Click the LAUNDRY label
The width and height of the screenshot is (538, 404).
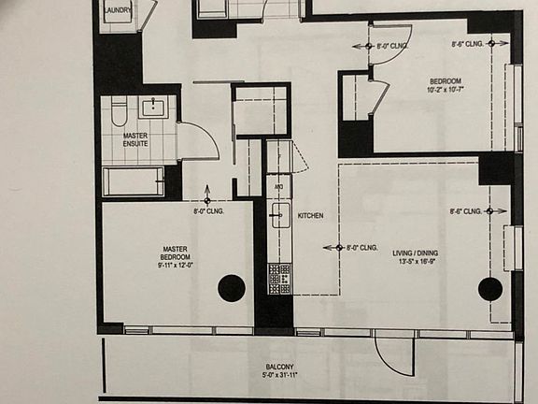click(118, 10)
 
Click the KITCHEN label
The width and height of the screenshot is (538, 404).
click(311, 216)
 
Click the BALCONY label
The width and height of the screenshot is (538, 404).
click(279, 368)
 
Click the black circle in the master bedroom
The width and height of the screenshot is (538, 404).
click(232, 289)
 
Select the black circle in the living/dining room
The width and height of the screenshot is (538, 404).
click(490, 289)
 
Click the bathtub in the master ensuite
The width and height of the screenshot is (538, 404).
click(134, 181)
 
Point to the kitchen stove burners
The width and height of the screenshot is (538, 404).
click(279, 279)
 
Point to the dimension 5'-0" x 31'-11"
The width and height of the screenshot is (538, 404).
click(279, 377)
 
